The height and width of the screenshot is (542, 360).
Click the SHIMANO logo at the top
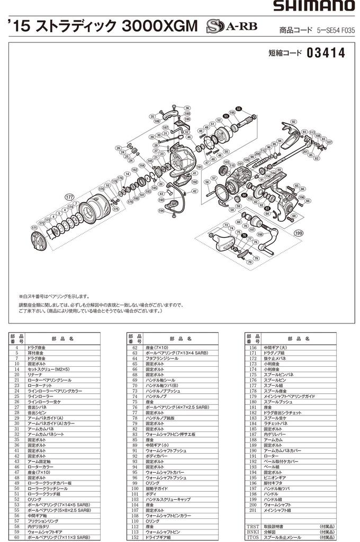(x=313, y=6)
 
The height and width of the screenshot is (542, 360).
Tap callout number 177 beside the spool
(x=69, y=197)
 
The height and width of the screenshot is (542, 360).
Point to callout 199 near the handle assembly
(x=299, y=232)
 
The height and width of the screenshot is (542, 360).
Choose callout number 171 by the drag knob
(x=34, y=228)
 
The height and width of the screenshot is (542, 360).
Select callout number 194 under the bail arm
(x=160, y=210)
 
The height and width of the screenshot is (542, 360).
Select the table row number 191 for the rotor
(x=253, y=456)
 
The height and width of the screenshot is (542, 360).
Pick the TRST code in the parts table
(x=253, y=527)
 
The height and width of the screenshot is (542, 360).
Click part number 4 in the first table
(x=17, y=347)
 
